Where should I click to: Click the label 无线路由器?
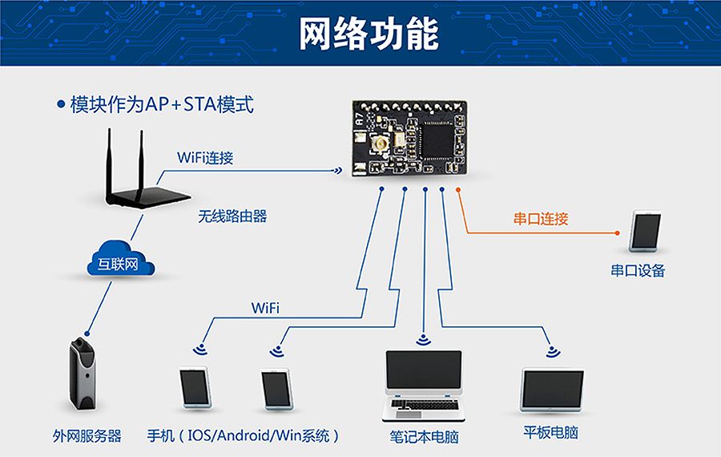(x=232, y=216)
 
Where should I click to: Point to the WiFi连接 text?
(x=205, y=157)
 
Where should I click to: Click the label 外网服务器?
(x=87, y=435)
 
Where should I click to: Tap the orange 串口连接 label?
(x=541, y=218)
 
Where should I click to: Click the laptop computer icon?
(x=424, y=386)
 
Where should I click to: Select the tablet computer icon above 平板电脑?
(x=553, y=391)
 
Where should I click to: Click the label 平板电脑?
(x=551, y=433)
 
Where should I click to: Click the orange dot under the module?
(x=458, y=189)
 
